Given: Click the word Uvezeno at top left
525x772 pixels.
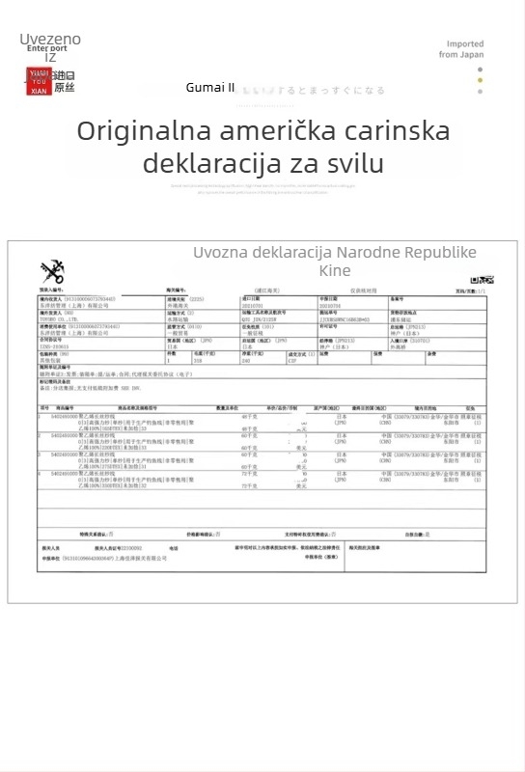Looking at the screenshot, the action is click(x=50, y=39).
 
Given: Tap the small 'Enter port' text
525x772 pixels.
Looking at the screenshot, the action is click(x=47, y=48).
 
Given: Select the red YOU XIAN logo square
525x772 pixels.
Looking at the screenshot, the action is click(x=39, y=80).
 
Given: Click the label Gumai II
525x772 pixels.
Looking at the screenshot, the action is click(x=210, y=88).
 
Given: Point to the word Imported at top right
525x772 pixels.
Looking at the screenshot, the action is click(x=465, y=43).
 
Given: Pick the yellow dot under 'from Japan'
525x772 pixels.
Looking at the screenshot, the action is click(x=481, y=80).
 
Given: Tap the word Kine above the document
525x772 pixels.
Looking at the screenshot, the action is click(x=335, y=270).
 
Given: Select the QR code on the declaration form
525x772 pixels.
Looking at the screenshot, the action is click(x=473, y=280).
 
